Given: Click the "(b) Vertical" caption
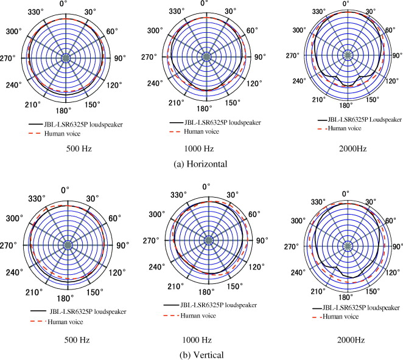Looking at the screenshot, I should pyautogui.click(x=201, y=355).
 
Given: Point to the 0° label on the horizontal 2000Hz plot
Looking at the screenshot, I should pyautogui.click(x=346, y=4).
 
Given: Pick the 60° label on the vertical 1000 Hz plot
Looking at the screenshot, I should pyautogui.click(x=254, y=214).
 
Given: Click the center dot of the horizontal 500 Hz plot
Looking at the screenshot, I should pyautogui.click(x=65, y=58).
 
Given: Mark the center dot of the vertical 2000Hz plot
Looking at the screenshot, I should pyautogui.click(x=348, y=246).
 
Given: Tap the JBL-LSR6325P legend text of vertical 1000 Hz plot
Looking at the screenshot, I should pyautogui.click(x=213, y=305).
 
